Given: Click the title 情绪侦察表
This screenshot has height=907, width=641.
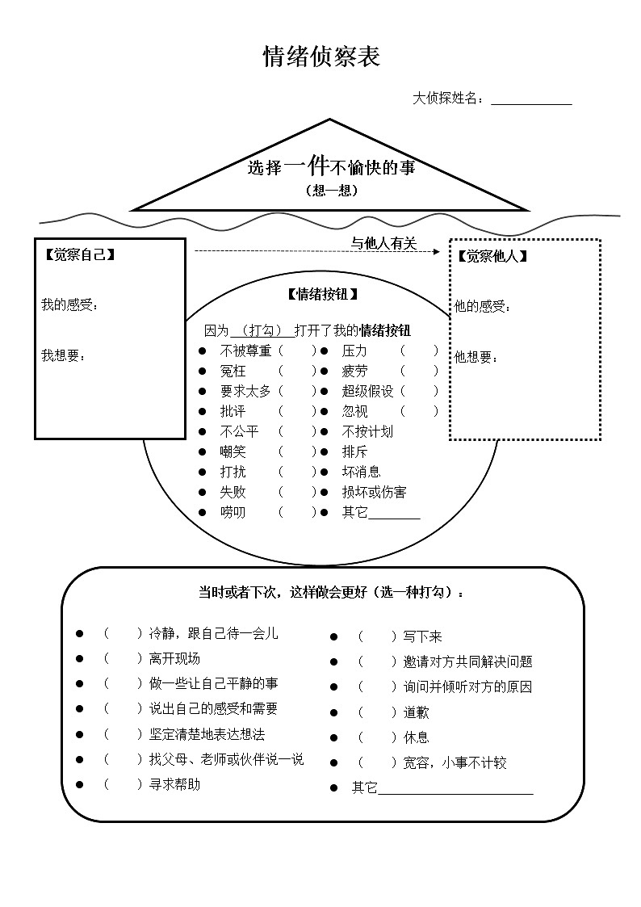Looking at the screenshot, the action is tap(321, 57).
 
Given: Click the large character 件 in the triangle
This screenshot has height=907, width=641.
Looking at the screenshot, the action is tap(316, 166).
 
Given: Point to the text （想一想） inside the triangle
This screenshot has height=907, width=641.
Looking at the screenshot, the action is tap(331, 191).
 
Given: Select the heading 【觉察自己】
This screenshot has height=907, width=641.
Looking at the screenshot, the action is tap(78, 255).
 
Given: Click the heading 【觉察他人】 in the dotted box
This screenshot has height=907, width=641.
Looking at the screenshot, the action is tap(492, 256).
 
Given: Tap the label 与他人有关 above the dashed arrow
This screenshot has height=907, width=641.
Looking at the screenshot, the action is tap(383, 243).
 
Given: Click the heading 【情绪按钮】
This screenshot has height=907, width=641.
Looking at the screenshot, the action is tap(321, 294).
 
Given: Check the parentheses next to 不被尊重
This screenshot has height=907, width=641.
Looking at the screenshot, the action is tap(297, 351).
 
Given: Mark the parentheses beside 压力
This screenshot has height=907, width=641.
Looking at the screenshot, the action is tap(419, 351).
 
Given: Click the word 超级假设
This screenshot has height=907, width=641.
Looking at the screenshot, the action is tap(367, 391).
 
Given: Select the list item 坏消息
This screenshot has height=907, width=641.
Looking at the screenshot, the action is tap(361, 472).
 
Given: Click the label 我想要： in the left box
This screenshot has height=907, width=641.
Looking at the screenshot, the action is tap(64, 355).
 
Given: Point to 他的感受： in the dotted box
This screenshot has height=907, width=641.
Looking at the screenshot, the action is tap(483, 307).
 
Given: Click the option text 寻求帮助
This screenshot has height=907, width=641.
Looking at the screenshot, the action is tap(174, 784).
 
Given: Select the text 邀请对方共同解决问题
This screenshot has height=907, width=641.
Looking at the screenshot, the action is tap(468, 661).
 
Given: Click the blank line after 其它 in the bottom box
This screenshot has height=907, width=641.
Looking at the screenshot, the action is tap(455, 789).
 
